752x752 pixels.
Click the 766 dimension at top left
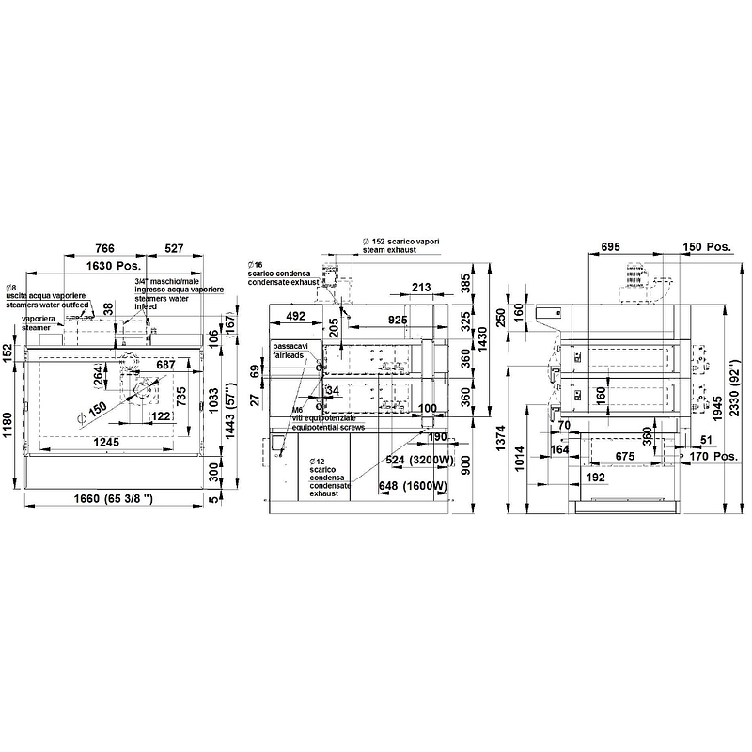click(x=105, y=248)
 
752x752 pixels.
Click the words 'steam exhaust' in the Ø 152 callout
click(x=389, y=252)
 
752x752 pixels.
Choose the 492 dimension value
click(x=296, y=317)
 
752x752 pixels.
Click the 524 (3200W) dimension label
click(x=413, y=461)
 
